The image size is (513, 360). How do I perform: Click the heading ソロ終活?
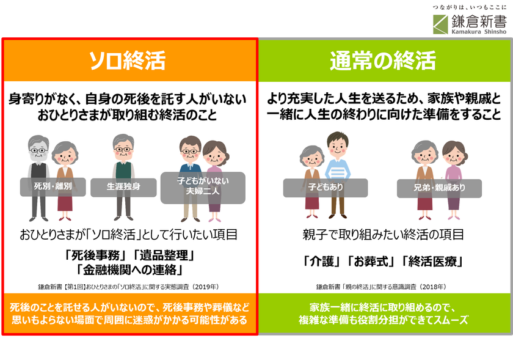tap(127, 61)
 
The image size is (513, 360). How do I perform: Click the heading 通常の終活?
tap(383, 61)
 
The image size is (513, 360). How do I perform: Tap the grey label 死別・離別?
tap(53, 186)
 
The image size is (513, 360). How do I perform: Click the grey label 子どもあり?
tap(326, 188)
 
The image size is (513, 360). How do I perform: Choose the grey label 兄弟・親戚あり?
tap(439, 188)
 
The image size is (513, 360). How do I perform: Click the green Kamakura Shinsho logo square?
tap(441, 24)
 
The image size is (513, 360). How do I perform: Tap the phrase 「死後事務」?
tap(95, 255)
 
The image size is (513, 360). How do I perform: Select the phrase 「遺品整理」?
tap(164, 255)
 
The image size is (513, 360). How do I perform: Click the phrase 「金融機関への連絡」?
tap(129, 270)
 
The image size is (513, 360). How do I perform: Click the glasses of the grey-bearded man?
tap(38, 151)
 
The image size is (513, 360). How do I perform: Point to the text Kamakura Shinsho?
tap(479, 32)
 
